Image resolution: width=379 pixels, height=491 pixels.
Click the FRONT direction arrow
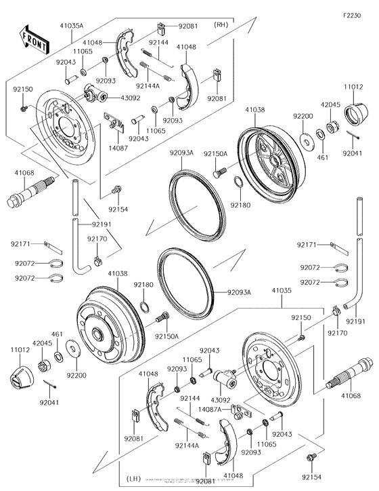coord(35,40)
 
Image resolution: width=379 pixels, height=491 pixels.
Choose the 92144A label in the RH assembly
coord(148,86)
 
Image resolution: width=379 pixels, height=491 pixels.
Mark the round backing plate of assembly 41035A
coord(64,125)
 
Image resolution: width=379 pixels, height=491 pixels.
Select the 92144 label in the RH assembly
coord(159,42)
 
